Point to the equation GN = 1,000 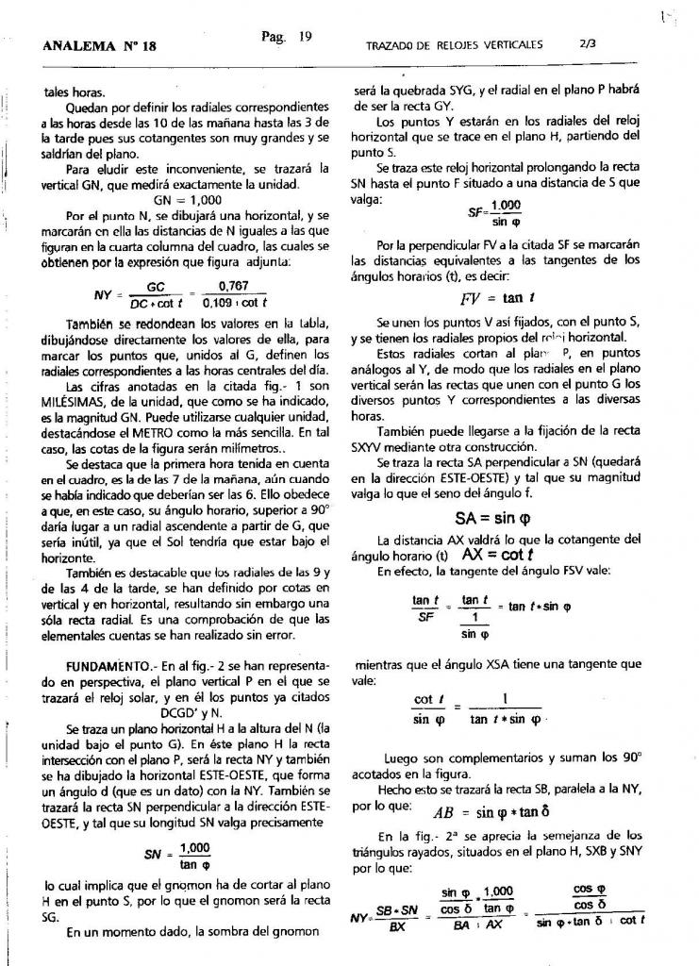188,201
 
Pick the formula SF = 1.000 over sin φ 495,214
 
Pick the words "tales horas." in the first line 75,92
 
